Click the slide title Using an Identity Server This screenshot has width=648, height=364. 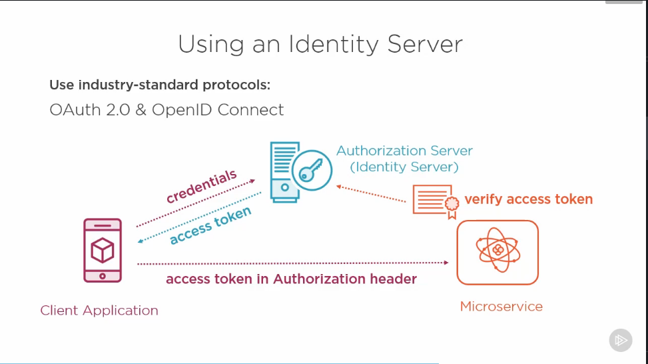[x=320, y=44]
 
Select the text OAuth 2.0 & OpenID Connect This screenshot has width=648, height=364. [x=166, y=109]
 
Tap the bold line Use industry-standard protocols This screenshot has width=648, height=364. [x=160, y=85]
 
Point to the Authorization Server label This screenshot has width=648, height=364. [x=404, y=151]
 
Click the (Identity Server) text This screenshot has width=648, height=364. [x=404, y=167]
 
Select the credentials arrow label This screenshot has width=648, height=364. [x=201, y=187]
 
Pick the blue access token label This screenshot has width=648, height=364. [x=210, y=225]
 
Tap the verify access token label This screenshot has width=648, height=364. [x=528, y=199]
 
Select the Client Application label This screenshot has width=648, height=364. [x=99, y=311]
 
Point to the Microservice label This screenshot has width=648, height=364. [x=501, y=307]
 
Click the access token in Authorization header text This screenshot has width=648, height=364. [x=291, y=279]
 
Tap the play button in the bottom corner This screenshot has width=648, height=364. [x=620, y=340]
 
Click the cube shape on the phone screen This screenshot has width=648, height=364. [x=103, y=251]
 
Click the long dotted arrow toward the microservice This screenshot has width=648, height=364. [x=293, y=264]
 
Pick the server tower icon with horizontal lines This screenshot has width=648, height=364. [x=282, y=171]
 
